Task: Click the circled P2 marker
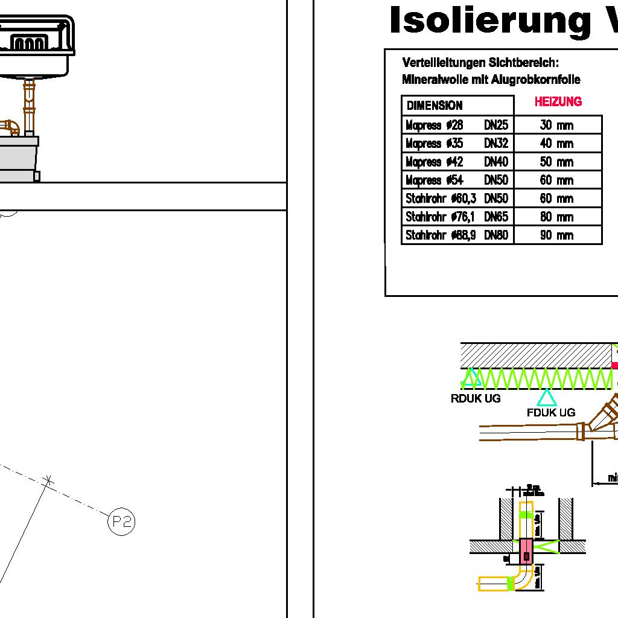(x=121, y=521)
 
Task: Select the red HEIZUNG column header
(x=558, y=102)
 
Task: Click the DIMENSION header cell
(x=435, y=106)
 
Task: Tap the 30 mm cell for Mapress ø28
(x=556, y=126)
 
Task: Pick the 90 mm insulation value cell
(x=556, y=235)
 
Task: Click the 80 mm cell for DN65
(x=556, y=217)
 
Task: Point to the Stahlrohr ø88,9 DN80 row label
(x=457, y=235)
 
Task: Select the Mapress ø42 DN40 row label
(x=457, y=162)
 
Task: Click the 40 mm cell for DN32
(x=556, y=144)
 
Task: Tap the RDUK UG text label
(x=476, y=399)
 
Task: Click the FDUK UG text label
(x=550, y=413)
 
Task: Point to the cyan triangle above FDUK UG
(x=546, y=397)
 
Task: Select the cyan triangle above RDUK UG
(x=471, y=378)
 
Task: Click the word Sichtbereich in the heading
(x=524, y=63)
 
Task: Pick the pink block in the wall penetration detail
(x=526, y=549)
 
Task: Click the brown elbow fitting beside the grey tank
(x=10, y=127)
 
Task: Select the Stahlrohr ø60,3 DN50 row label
(x=457, y=199)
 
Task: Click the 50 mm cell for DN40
(x=556, y=162)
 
